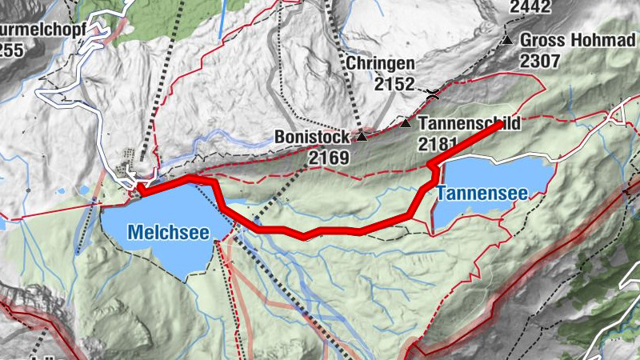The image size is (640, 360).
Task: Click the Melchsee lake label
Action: [x=168, y=233]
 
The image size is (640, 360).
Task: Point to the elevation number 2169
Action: [x=329, y=158]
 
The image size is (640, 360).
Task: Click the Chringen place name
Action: [x=380, y=63]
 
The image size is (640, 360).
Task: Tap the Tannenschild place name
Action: [x=470, y=124]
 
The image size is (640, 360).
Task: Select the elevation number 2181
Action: [x=437, y=145]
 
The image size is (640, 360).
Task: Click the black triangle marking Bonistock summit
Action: [x=362, y=137]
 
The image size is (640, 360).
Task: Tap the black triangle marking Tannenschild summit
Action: [x=406, y=124]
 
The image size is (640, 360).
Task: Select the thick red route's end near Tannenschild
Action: [x=502, y=125]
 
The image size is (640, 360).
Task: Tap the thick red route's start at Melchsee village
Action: [x=140, y=189]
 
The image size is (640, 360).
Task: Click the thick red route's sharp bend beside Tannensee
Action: [x=433, y=166]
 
